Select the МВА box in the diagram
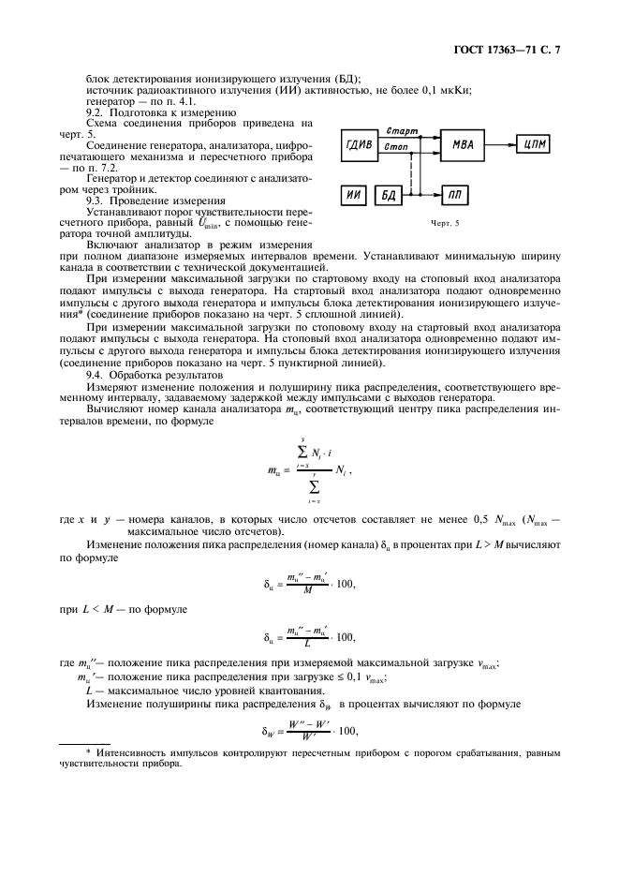tap(462, 144)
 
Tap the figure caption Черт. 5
tap(446, 224)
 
